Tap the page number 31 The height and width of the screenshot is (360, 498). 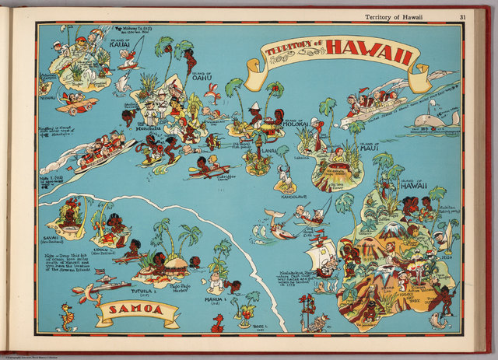(462, 16)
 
